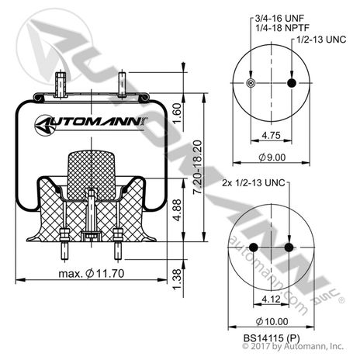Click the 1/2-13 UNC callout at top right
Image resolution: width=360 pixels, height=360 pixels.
317,38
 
